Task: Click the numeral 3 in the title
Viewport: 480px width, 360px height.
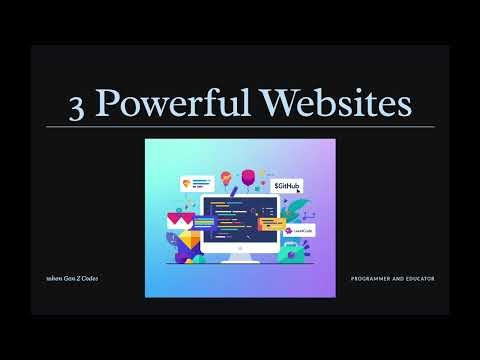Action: (x=77, y=105)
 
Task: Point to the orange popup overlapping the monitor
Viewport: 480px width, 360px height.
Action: (x=270, y=222)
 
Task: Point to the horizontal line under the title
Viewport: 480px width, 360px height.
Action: (x=240, y=127)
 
